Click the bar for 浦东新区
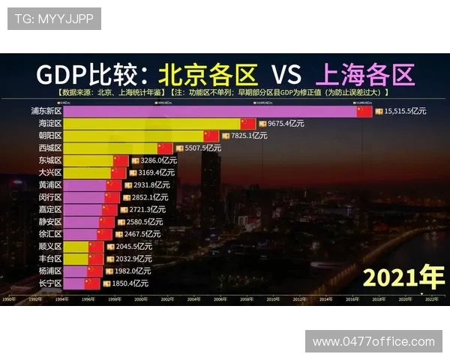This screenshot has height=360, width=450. click(210, 111)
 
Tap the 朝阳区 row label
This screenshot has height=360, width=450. click(50, 136)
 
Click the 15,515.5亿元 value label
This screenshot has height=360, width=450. click(405, 111)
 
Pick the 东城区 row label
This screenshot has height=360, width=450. click(50, 160)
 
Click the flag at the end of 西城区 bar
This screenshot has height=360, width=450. click(165, 148)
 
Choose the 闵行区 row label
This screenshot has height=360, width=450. click(50, 197)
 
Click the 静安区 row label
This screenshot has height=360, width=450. click(50, 222)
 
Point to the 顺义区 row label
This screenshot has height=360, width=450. click(50, 247)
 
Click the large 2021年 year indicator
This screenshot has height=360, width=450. click(403, 278)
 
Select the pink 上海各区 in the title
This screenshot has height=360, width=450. click(365, 74)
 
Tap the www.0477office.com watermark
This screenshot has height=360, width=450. click(373, 341)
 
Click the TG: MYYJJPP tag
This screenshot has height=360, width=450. click(55, 19)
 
